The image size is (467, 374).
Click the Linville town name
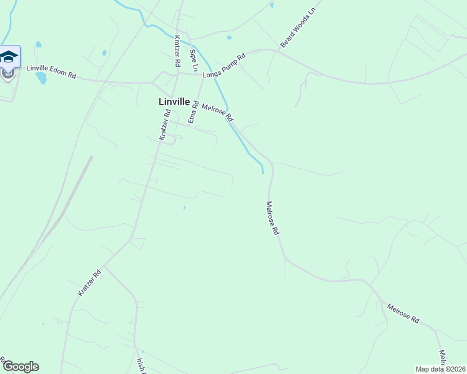click(174, 102)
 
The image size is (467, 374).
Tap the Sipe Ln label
click(194, 59)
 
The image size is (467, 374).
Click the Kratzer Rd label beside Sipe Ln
click(177, 51)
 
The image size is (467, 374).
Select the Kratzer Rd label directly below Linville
click(164, 125)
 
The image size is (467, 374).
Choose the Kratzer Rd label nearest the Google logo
click(89, 283)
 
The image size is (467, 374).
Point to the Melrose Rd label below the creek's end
click(272, 218)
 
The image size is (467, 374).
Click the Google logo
click(21, 367)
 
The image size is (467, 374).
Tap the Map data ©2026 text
click(440, 369)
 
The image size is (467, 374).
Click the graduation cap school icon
click(9, 57)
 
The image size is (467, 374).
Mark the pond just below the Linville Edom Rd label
click(41, 79)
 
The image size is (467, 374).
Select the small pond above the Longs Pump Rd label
click(229, 37)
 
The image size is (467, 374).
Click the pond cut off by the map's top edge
click(272, 5)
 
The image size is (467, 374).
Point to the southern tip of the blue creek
click(263, 171)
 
